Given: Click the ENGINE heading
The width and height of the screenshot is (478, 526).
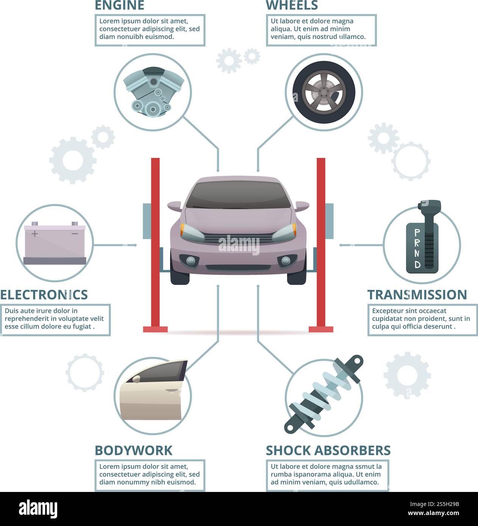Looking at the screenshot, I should [119, 5].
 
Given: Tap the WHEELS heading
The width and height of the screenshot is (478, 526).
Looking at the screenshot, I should [292, 5].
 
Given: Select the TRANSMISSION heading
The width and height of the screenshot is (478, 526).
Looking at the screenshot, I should [417, 295].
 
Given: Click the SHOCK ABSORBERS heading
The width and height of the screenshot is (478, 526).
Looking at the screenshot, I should [328, 450].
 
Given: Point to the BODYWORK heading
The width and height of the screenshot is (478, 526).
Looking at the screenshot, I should [133, 450].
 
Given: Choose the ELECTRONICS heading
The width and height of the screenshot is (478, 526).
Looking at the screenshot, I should [44, 295].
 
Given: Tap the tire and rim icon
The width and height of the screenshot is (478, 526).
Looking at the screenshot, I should [324, 92].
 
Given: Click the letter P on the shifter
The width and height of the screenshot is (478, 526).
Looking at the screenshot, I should [417, 232].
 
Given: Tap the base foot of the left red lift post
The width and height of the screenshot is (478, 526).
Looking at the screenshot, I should [155, 329].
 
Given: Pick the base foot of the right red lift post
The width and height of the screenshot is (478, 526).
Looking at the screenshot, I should [321, 329].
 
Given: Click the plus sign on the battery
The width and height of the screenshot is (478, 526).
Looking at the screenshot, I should [34, 234].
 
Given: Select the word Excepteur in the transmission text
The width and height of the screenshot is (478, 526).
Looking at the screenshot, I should [387, 311].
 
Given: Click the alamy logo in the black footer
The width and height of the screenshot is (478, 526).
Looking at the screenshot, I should [38, 509].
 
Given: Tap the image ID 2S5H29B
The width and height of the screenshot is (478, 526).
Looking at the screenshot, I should [434, 504].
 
